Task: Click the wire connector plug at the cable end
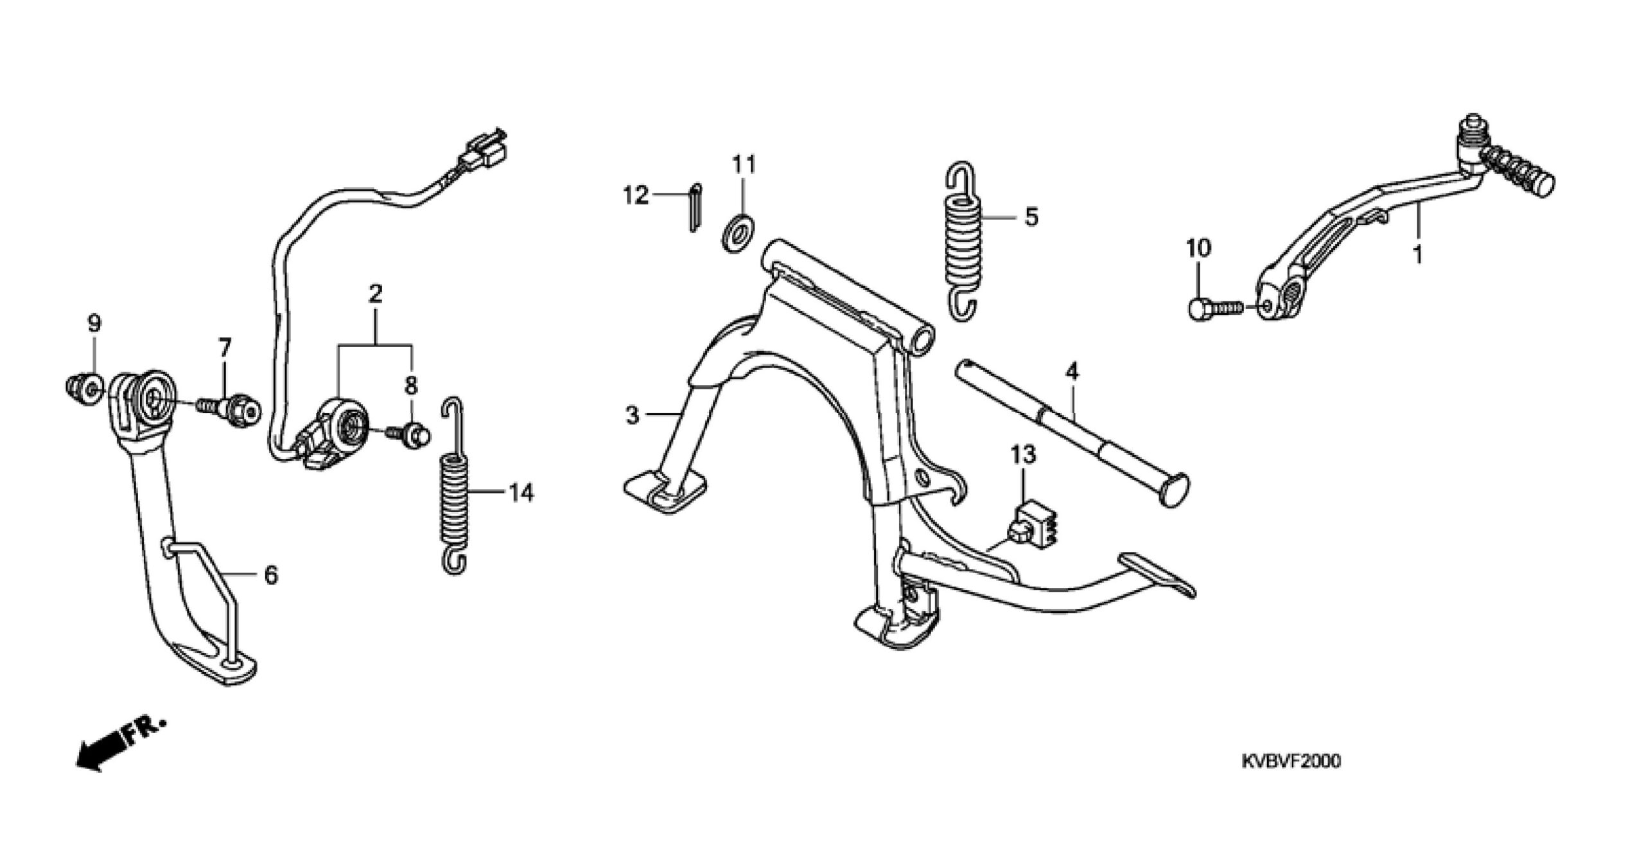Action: coord(487,152)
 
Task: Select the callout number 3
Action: coord(633,415)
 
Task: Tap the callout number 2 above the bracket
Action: coord(376,295)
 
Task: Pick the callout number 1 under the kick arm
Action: coord(1417,254)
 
